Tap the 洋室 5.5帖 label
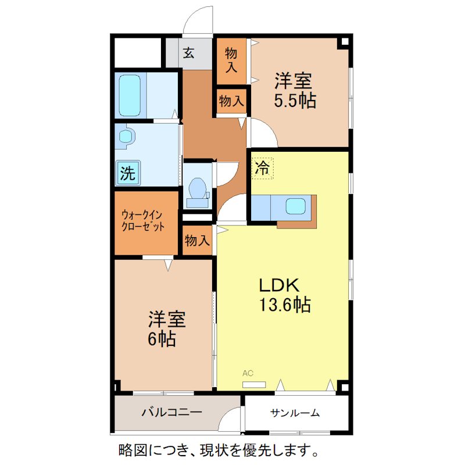tap(295, 90)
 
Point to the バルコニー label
tap(172, 413)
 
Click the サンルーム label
tap(295, 413)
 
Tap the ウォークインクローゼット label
tap(143, 221)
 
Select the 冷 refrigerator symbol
tap(263, 169)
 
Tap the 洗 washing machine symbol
tap(128, 172)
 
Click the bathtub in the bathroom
tap(130, 95)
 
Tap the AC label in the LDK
tap(248, 374)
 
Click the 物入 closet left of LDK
tap(197, 240)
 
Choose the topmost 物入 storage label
tap(231, 59)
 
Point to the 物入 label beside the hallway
tap(231, 101)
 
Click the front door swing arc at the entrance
tap(196, 20)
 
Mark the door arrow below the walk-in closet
tap(168, 265)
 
